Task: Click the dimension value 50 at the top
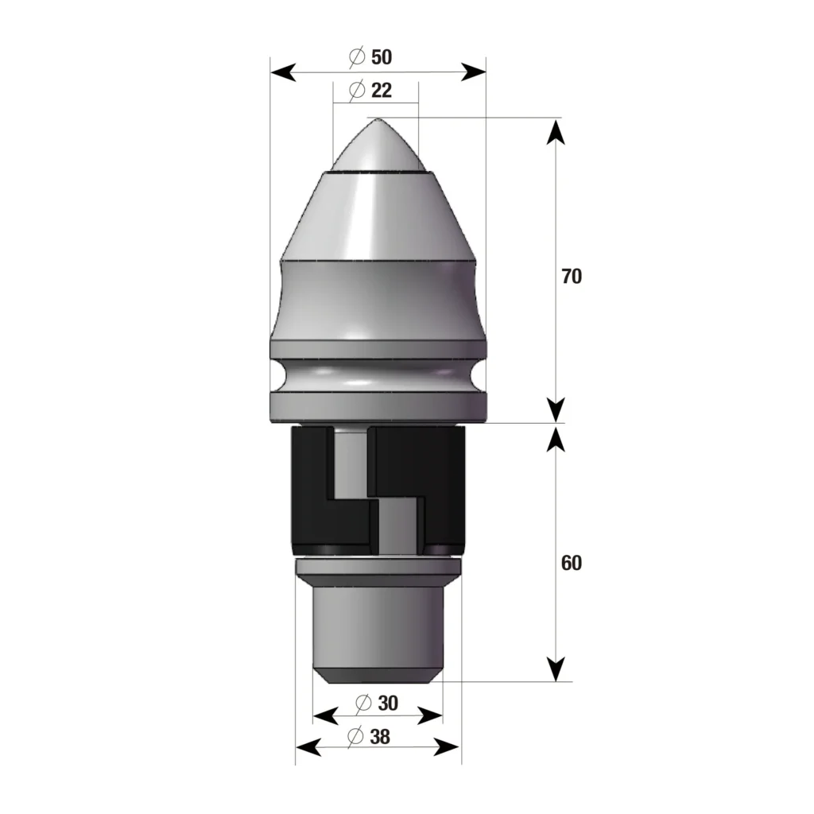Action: click(x=382, y=57)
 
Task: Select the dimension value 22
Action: click(x=381, y=90)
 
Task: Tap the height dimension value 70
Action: click(x=571, y=277)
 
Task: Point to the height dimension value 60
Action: click(x=571, y=563)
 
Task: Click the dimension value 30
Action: click(x=387, y=704)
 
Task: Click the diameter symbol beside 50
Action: click(x=357, y=57)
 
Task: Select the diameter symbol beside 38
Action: click(x=356, y=737)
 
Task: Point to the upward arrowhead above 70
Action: click(x=556, y=131)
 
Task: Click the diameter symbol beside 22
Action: click(x=357, y=90)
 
